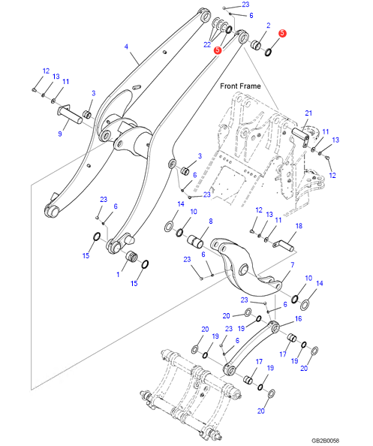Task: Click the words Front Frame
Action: pos(240,86)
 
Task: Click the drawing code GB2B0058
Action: pos(325,440)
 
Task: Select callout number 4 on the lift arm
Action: pos(126,47)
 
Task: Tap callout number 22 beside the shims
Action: pos(207,44)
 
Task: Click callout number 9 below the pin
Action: pos(60,134)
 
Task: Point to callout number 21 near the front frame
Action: pos(308,113)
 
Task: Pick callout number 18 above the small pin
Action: pos(299,226)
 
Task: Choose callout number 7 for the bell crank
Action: pos(292,265)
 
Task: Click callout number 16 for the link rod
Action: pos(298,319)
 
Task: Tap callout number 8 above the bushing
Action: pos(210,221)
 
